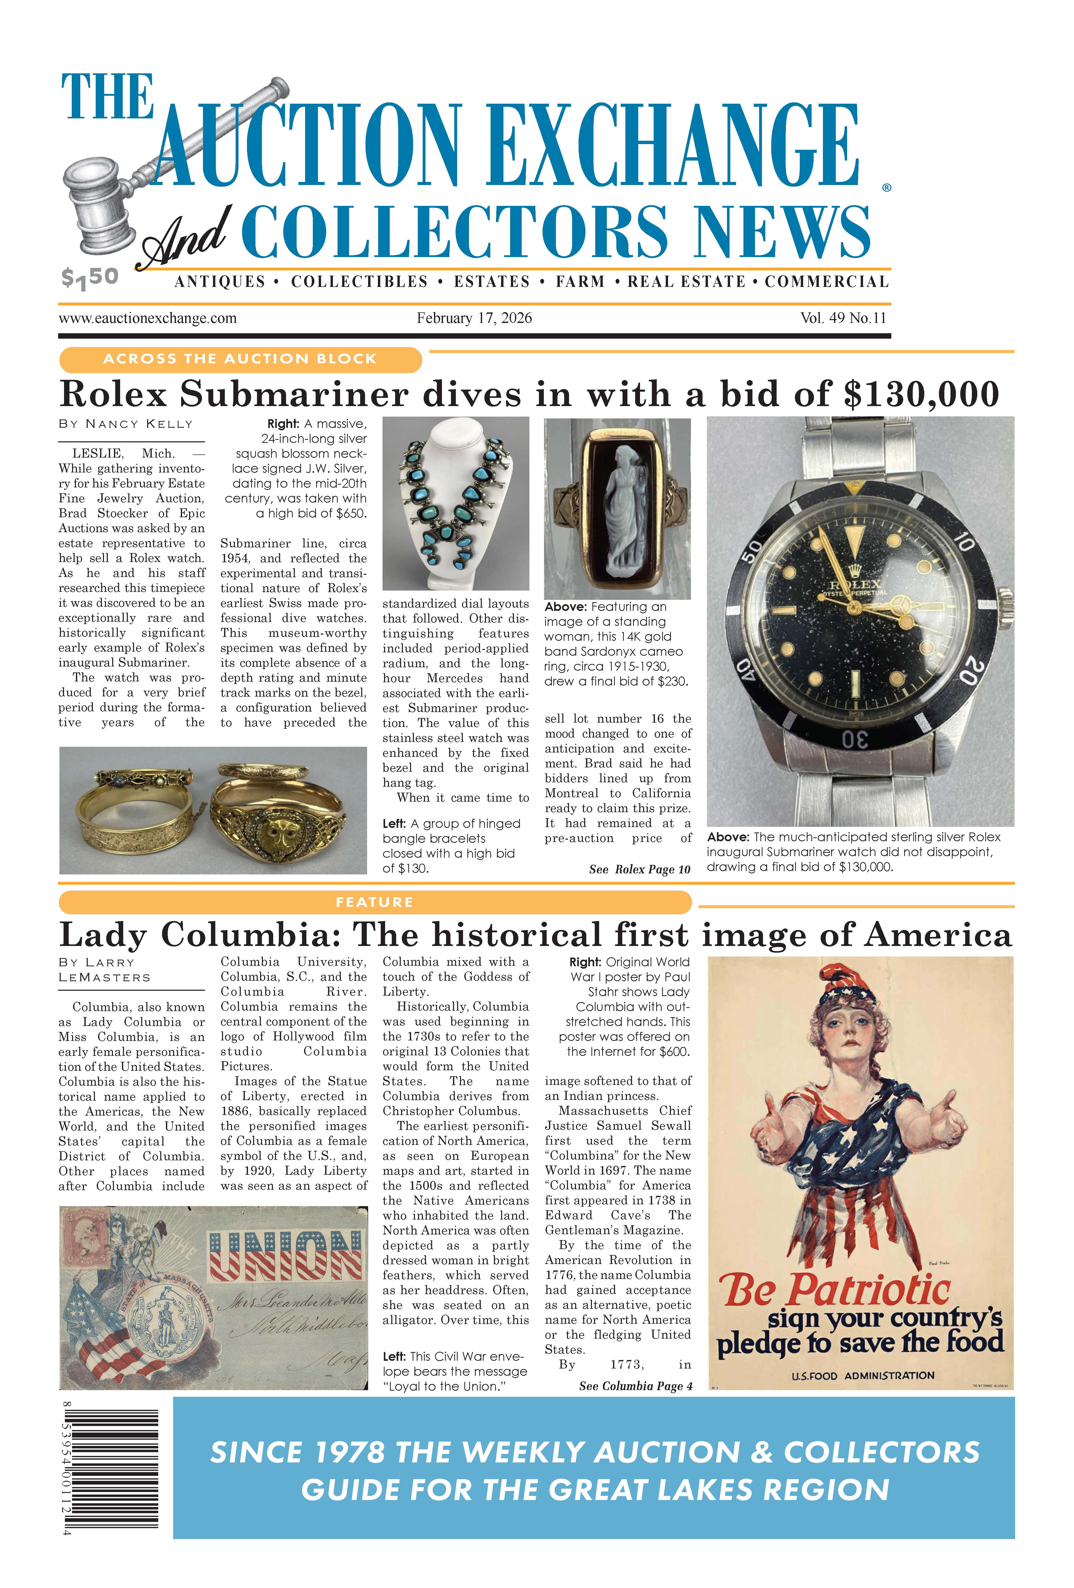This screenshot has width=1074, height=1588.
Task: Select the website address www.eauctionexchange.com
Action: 148,318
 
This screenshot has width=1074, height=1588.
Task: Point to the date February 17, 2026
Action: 474,318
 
